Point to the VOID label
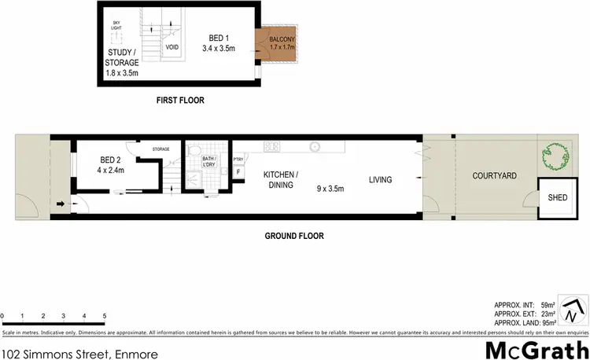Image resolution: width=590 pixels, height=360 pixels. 172,47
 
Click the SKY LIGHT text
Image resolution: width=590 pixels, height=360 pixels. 117,26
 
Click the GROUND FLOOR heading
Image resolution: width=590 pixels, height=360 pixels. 293,235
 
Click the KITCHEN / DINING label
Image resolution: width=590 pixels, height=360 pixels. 278,180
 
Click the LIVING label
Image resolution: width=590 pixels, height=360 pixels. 380,180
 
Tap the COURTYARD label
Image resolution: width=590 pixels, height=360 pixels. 494,176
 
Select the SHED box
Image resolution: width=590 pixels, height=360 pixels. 556,199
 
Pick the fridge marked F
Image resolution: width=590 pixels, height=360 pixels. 238,172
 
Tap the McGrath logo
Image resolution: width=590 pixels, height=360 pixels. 536,349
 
